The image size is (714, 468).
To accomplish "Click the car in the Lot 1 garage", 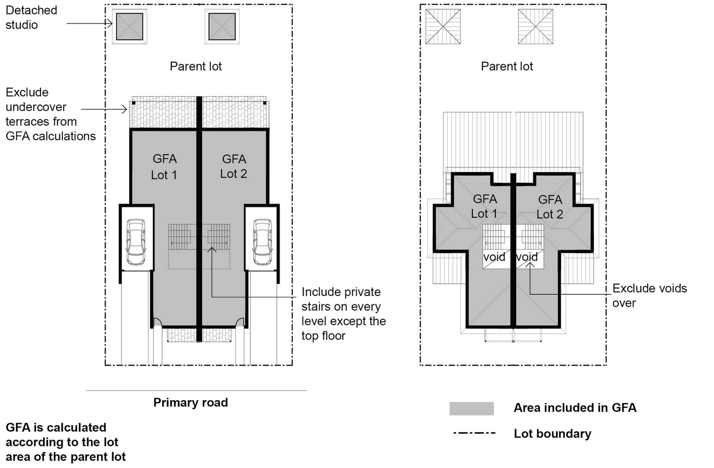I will click(x=136, y=242).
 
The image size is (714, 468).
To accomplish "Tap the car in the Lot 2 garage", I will click(x=262, y=242).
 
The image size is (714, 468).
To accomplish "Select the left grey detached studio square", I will click(x=129, y=27).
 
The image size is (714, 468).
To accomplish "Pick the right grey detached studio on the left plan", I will click(x=222, y=27).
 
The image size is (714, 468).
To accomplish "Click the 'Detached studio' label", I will click(x=31, y=17).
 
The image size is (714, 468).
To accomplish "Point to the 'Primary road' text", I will click(x=190, y=403).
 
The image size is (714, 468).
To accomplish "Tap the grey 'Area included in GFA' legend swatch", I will click(x=471, y=409).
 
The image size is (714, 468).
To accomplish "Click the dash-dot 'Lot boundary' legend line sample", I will click(x=474, y=433).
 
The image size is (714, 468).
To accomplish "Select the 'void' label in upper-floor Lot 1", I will click(x=494, y=257).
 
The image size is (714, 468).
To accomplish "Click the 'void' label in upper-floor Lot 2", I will click(x=527, y=257).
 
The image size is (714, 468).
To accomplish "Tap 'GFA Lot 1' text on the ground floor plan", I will click(x=164, y=167).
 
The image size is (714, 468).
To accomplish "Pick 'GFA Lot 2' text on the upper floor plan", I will click(x=550, y=207).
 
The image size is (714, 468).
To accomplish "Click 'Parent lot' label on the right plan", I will click(x=507, y=66).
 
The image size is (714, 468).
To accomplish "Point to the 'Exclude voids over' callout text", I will click(x=649, y=295).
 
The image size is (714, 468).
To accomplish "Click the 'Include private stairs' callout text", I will click(x=343, y=314).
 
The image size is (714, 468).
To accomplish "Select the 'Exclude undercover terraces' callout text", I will click(x=50, y=114).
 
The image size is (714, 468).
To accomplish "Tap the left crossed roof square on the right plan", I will click(x=443, y=27).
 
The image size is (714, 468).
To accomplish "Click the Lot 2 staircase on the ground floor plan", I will click(x=219, y=237).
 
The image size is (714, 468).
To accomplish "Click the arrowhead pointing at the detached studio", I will click(x=110, y=23).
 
